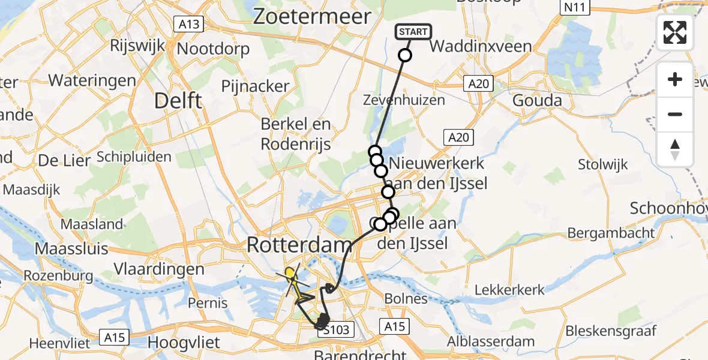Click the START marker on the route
(x=413, y=32)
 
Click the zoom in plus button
(x=675, y=79)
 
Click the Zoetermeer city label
(x=312, y=17)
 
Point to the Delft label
(x=178, y=100)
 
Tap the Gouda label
(x=537, y=100)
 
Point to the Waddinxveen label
(x=481, y=46)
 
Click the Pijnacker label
(x=255, y=86)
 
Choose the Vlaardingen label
(x=161, y=269)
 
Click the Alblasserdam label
(x=495, y=341)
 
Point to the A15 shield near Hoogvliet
(x=113, y=337)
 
